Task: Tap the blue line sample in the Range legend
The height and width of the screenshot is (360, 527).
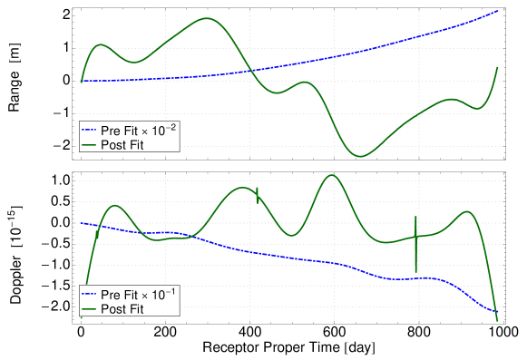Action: pos(90,132)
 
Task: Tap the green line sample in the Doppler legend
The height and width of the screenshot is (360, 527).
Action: pos(90,309)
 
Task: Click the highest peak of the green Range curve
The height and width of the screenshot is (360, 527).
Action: pos(207,18)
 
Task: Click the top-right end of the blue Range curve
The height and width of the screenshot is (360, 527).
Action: pos(498,11)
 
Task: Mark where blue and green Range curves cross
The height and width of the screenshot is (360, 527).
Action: pos(250,71)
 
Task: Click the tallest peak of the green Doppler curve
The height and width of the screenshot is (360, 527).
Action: pos(331,176)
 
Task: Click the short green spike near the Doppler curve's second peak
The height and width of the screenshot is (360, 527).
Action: pos(258,194)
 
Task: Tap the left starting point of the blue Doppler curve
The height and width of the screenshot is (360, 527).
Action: pos(81,223)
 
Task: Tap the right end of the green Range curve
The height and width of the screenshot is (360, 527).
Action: pos(497,67)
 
